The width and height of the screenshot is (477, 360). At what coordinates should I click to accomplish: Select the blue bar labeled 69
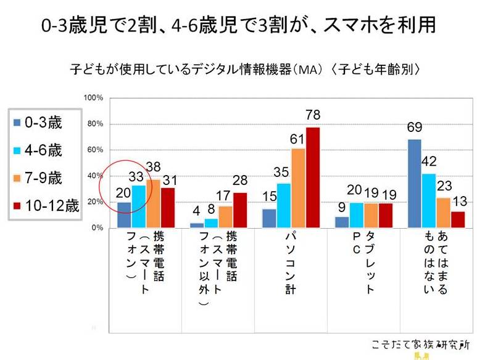(x=414, y=184)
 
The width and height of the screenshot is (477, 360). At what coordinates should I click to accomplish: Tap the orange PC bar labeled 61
(x=298, y=188)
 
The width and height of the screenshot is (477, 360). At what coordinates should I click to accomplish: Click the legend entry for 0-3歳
(x=43, y=123)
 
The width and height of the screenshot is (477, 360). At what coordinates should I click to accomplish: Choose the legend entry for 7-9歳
(x=43, y=178)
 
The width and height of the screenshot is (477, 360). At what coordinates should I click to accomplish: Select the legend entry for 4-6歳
(x=43, y=150)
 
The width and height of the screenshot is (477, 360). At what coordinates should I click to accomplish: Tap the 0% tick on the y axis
(x=96, y=228)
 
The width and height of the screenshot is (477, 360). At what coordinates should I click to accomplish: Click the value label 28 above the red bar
(x=240, y=180)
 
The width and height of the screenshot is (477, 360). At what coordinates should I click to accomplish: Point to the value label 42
(x=428, y=162)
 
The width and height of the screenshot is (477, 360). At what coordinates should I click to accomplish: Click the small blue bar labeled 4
(x=196, y=225)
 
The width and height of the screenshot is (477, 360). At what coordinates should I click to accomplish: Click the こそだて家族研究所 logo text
(x=421, y=344)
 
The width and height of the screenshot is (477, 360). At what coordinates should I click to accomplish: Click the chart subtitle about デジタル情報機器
(x=246, y=70)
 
